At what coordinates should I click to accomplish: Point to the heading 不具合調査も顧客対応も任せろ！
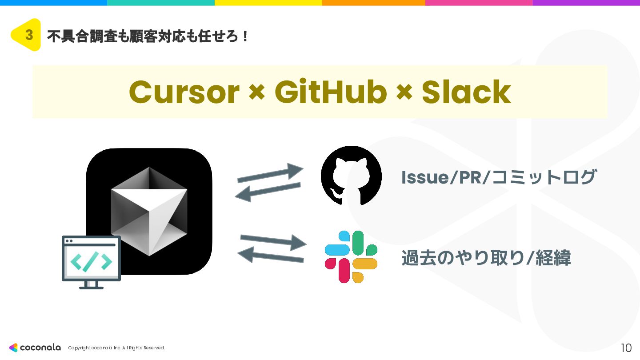pos(147,36)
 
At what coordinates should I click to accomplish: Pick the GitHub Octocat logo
pos(351,176)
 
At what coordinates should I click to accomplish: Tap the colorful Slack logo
pos(351,256)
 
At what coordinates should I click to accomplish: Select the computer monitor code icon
pos(91,262)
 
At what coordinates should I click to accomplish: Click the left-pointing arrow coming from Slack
pos(271,256)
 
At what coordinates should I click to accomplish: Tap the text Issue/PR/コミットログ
pos(498,177)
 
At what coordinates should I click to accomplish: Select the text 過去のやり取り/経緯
pos(486,258)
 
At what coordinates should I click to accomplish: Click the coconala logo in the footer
pos(35,348)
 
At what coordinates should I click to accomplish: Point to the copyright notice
pos(116,348)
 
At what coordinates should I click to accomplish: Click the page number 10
pos(626,348)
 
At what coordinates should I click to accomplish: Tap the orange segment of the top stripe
pos(373,3)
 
